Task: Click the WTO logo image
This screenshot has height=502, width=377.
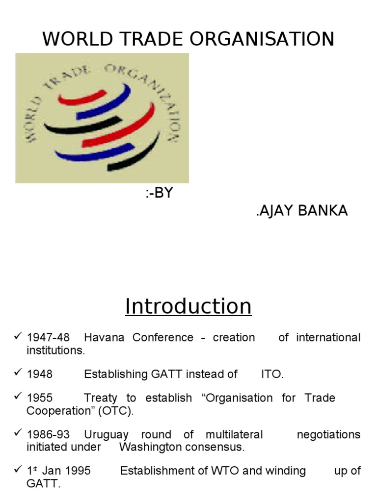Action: pos(102,118)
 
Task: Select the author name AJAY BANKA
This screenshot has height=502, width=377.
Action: pos(302,211)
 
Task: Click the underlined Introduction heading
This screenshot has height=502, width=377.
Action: pos(188,306)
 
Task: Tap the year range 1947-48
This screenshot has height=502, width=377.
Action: pos(48,337)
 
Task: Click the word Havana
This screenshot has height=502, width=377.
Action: pos(104,337)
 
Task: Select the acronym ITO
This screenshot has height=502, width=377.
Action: pos(272,375)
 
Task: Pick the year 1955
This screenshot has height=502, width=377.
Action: pos(39,398)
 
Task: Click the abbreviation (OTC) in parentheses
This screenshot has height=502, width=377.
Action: pos(116,411)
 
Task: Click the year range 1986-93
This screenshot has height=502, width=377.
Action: pos(48,434)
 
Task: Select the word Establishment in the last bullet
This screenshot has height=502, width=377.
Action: pos(158,471)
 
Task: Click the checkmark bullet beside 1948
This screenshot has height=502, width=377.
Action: pos(18,373)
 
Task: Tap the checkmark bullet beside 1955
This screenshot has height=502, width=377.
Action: pos(18,397)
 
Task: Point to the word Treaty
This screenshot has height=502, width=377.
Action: pos(101,398)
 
